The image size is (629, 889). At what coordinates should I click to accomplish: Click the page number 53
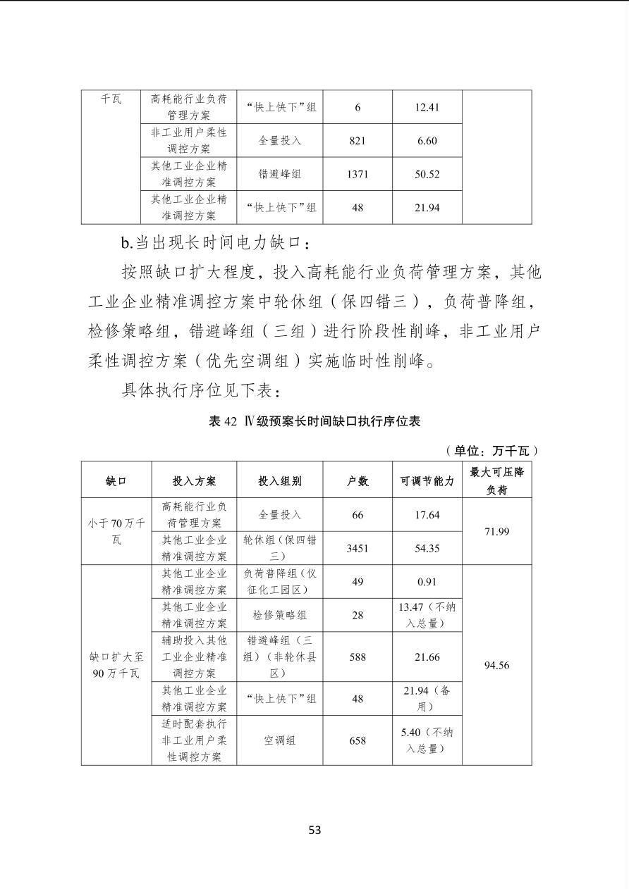click(314, 830)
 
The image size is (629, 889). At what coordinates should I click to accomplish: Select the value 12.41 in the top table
click(427, 107)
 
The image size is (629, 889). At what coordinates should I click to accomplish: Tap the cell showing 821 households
click(358, 141)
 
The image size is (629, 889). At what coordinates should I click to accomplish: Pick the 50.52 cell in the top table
click(427, 174)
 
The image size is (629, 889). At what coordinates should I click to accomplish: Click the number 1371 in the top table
click(358, 174)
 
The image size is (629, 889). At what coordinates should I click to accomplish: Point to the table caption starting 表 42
click(314, 421)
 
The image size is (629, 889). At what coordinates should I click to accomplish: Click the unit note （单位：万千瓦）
click(491, 450)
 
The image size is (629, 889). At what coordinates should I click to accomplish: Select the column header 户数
click(358, 481)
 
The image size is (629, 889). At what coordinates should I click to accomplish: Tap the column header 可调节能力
click(427, 481)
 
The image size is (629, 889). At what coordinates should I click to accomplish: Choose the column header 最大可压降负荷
click(496, 480)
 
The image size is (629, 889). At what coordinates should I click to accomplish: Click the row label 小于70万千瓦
click(116, 531)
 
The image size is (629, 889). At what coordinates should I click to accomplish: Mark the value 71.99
click(496, 531)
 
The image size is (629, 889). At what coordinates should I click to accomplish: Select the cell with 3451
click(358, 548)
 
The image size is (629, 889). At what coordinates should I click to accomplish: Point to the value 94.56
click(496, 665)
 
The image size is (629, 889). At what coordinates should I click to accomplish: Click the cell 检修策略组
click(280, 615)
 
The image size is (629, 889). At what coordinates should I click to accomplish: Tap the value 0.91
click(427, 582)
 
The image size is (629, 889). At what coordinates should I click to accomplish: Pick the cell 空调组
click(280, 740)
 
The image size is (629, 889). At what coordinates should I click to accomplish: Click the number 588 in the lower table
click(358, 657)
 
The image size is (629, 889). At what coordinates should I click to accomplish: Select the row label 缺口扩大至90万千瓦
click(116, 665)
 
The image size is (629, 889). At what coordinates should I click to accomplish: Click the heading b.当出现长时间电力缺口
click(215, 243)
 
